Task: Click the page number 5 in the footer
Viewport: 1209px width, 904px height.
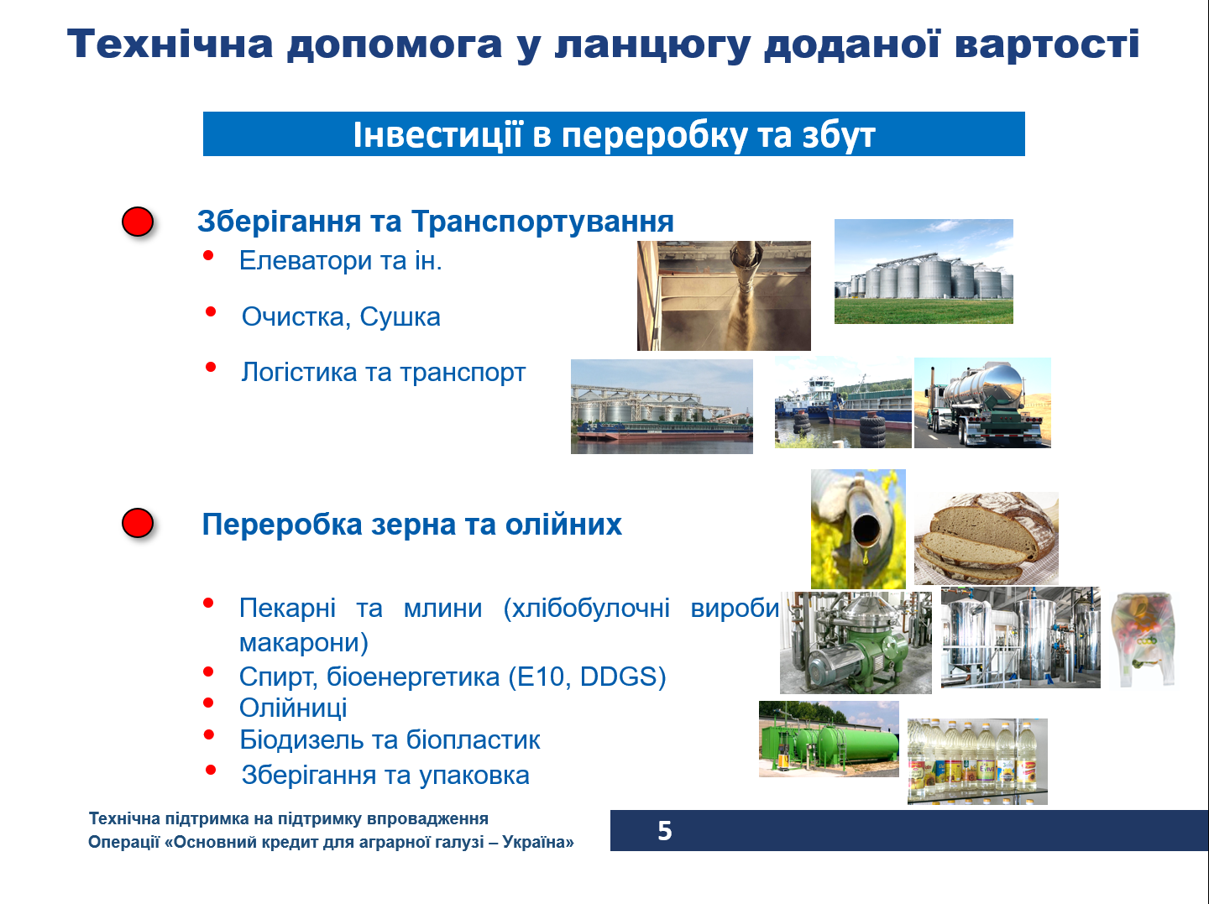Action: coord(664,831)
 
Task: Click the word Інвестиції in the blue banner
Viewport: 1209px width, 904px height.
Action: coord(437,135)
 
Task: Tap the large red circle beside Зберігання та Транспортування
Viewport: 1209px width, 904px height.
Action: coord(138,222)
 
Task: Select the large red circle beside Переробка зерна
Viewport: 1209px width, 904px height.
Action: coord(138,523)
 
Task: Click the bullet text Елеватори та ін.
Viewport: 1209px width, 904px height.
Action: coord(340,261)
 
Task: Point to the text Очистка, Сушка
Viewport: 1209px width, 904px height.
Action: coord(341,317)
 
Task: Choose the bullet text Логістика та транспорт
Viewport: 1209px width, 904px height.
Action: coord(383,372)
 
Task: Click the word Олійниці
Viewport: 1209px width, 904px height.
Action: coord(293,708)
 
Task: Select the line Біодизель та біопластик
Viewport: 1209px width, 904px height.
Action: coord(390,740)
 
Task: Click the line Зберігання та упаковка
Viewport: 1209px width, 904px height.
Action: coord(385,775)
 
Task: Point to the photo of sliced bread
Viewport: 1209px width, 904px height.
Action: coord(986,538)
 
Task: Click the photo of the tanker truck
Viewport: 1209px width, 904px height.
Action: coord(982,403)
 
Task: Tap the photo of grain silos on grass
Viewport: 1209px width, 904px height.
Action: coord(924,272)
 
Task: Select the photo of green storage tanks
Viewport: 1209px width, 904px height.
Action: coord(829,739)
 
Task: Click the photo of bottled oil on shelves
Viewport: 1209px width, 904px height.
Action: coord(977,761)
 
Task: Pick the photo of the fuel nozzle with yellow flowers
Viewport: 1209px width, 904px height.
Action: coord(858,529)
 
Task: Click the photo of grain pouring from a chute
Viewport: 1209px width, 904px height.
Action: coord(724,295)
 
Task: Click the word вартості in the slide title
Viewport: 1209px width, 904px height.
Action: coord(1047,44)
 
